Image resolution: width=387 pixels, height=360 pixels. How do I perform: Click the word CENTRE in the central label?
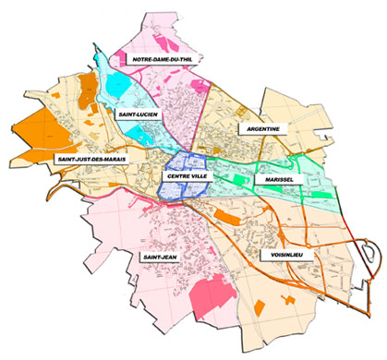[174, 174]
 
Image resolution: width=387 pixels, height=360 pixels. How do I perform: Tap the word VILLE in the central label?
[198, 174]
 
